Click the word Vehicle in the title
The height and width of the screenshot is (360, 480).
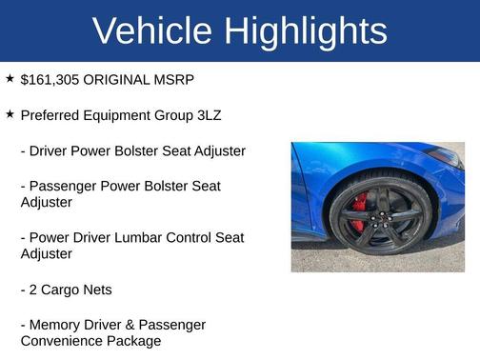click(x=153, y=31)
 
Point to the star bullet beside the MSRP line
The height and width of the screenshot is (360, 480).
click(x=10, y=78)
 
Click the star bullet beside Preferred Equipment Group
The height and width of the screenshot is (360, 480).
click(x=10, y=114)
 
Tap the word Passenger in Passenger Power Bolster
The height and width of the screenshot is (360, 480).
click(x=63, y=186)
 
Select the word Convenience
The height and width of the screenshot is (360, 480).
click(x=63, y=341)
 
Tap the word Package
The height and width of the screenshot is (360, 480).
click(x=134, y=341)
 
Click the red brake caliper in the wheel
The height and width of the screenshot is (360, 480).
click(x=359, y=212)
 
